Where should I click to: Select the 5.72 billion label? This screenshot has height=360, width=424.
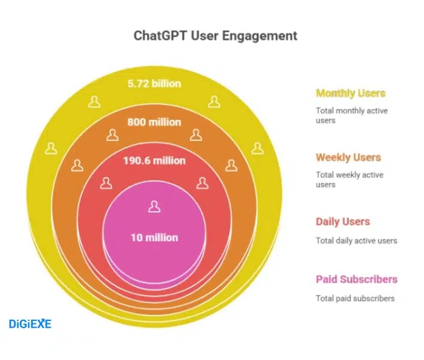(x=154, y=83)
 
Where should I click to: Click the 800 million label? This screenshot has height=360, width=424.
(x=154, y=122)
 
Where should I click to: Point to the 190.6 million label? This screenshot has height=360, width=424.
(x=154, y=160)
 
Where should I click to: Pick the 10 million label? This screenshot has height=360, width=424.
(x=154, y=237)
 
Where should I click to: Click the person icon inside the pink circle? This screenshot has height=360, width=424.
(x=154, y=207)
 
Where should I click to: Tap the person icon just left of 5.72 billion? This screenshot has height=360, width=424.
(x=94, y=101)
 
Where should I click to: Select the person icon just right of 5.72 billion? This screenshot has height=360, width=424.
(x=214, y=101)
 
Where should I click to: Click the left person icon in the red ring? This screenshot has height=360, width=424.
(x=106, y=183)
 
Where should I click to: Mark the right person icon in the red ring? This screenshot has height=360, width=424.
(x=202, y=183)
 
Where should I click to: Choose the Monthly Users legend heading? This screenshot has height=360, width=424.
(x=351, y=93)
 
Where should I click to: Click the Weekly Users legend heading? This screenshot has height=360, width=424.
(x=348, y=157)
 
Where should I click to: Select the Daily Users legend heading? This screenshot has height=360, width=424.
(x=343, y=221)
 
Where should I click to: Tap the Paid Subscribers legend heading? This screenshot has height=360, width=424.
(x=357, y=279)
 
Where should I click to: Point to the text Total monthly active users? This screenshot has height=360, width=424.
(x=351, y=115)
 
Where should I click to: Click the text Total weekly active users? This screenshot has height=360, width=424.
(x=350, y=179)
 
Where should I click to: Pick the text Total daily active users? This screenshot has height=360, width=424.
(x=356, y=241)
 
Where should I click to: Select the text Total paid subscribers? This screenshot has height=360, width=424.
(x=355, y=298)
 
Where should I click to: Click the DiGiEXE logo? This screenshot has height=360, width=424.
(x=31, y=324)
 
